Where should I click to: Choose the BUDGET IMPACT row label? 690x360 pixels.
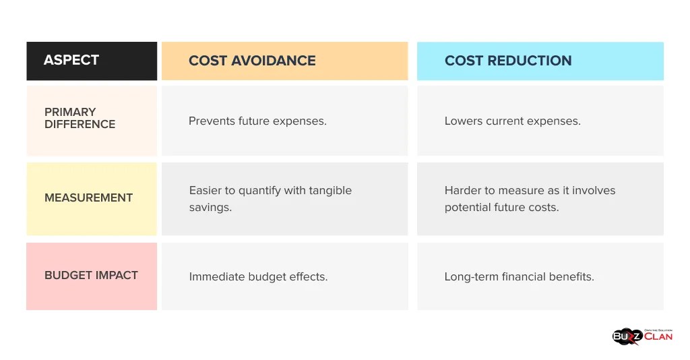pyautogui.click(x=91, y=276)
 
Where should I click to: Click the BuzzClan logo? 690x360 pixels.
pyautogui.click(x=641, y=336)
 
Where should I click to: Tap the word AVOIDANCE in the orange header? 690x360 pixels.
pyautogui.click(x=274, y=61)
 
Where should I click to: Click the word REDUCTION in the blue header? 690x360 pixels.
pyautogui.click(x=530, y=61)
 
